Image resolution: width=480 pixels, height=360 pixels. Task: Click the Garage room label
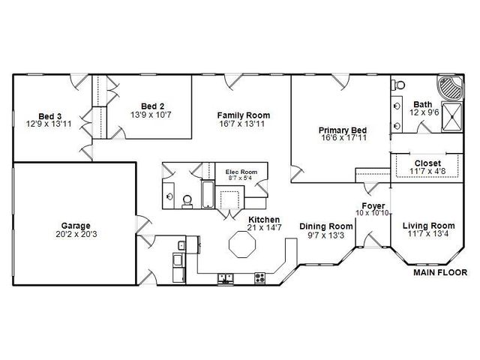[76, 226]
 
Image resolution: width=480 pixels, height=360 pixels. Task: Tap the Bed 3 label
[50, 116]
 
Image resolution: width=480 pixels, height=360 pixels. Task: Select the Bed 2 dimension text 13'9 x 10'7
[151, 115]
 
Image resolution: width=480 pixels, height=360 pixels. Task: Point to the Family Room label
[244, 115]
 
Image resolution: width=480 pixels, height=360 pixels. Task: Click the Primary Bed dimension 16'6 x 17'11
[343, 138]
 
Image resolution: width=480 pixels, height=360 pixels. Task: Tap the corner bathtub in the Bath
[451, 88]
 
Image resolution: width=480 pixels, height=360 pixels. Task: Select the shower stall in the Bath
[451, 117]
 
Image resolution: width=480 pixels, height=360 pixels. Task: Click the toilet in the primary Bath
[398, 85]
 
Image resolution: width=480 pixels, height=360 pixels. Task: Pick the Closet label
[427, 163]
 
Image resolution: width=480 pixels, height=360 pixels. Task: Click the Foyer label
[373, 205]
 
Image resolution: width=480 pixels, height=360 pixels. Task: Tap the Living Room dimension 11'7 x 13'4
[428, 234]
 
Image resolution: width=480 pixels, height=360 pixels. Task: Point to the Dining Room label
[326, 226]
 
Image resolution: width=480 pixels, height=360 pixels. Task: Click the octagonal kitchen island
[242, 244]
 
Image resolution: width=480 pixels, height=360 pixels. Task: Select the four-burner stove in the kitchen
[260, 278]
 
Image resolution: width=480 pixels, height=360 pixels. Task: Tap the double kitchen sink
[225, 278]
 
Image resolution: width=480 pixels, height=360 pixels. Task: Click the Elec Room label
[241, 172]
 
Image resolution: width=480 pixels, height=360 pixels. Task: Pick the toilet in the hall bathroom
[187, 202]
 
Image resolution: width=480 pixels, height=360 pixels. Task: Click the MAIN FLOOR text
[440, 272]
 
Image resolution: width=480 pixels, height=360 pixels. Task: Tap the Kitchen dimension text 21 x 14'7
[265, 227]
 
